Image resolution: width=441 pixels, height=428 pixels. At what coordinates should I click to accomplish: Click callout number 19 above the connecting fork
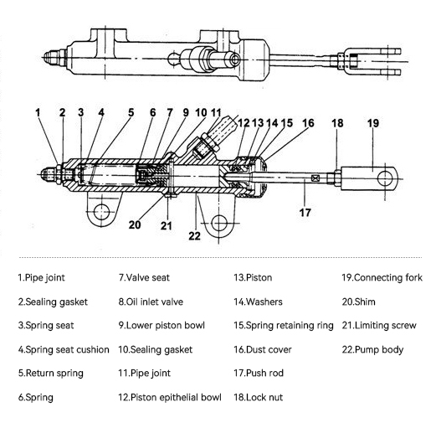coord(373,123)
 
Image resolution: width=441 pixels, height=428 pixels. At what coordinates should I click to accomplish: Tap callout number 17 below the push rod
coord(305,213)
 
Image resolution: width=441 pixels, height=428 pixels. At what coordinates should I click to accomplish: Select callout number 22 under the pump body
coord(195,236)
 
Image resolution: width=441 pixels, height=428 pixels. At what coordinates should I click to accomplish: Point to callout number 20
coord(135,224)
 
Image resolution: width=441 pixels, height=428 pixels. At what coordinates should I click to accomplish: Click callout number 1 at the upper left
coord(38,112)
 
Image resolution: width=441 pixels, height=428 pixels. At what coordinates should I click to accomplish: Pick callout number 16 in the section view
coord(308,123)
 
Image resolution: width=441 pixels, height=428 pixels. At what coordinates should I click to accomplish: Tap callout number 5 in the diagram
coord(131,112)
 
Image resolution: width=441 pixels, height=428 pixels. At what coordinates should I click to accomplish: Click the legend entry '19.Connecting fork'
coord(382,277)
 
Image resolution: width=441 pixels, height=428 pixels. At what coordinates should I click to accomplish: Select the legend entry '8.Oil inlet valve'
coord(151,302)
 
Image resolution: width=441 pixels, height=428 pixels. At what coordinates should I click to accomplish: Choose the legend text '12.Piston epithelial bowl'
coord(170,397)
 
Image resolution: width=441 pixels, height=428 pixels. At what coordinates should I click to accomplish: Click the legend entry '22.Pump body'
coord(372,350)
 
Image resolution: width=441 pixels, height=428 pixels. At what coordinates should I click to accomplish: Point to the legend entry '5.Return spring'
coord(51,374)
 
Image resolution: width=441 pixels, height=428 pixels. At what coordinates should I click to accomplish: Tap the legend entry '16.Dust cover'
coord(263,350)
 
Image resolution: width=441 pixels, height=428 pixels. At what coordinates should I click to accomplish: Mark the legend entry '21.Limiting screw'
coord(379,326)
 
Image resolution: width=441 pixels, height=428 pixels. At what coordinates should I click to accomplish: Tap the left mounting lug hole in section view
coord(101,212)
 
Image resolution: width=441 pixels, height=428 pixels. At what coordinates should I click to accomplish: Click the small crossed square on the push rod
coord(315,178)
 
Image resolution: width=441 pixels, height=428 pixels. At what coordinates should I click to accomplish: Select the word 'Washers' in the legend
coord(264,302)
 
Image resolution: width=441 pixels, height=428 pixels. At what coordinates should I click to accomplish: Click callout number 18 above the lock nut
coord(337,123)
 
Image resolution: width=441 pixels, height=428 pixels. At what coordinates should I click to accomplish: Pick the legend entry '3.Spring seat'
coord(46,326)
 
